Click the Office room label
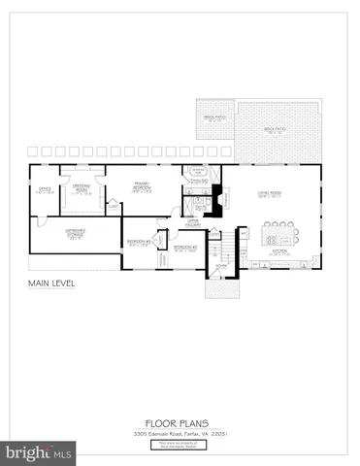43,189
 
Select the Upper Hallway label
192,222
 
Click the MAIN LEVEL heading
52,283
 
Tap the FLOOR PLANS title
180,421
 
